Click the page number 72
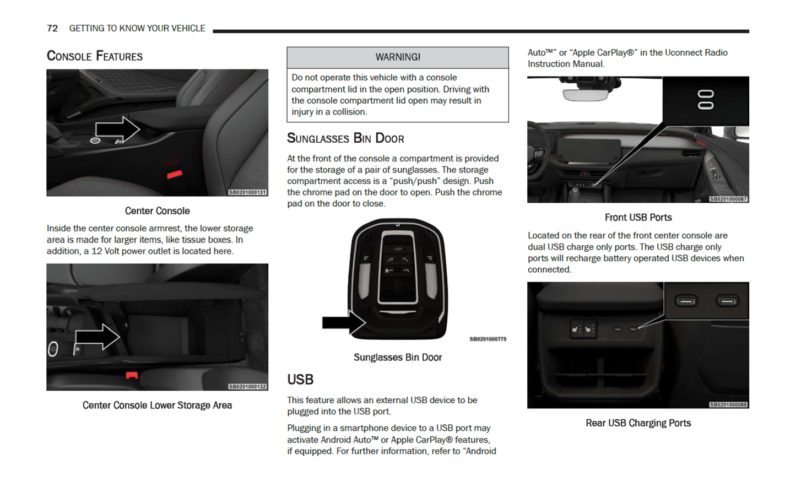(x=52, y=28)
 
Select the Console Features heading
(x=94, y=56)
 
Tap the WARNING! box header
(x=397, y=57)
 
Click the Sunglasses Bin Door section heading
(x=345, y=138)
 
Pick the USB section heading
(x=300, y=380)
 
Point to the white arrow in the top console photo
(x=117, y=129)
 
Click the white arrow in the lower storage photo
(x=97, y=337)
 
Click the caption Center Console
(x=157, y=211)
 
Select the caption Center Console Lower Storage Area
(x=157, y=406)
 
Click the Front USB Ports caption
(x=638, y=218)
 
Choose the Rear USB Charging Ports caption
(x=638, y=423)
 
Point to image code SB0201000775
(x=488, y=339)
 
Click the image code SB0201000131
(x=247, y=192)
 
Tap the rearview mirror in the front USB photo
(x=585, y=94)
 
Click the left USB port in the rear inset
(x=686, y=301)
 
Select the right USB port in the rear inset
(x=727, y=301)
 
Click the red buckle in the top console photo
(x=175, y=175)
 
